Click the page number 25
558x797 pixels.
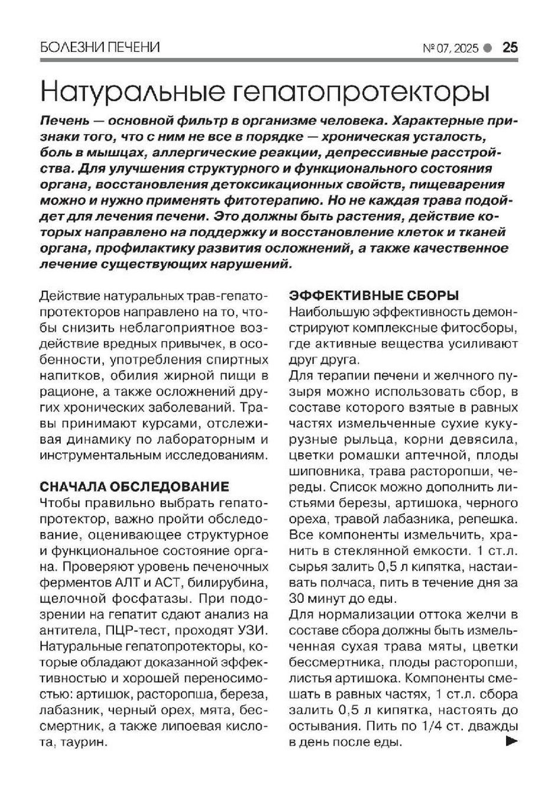click(x=510, y=47)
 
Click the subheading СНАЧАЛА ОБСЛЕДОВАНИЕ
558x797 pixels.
click(x=133, y=487)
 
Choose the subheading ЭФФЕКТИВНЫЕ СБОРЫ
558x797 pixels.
click(x=374, y=295)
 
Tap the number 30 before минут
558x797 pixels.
click(x=299, y=598)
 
